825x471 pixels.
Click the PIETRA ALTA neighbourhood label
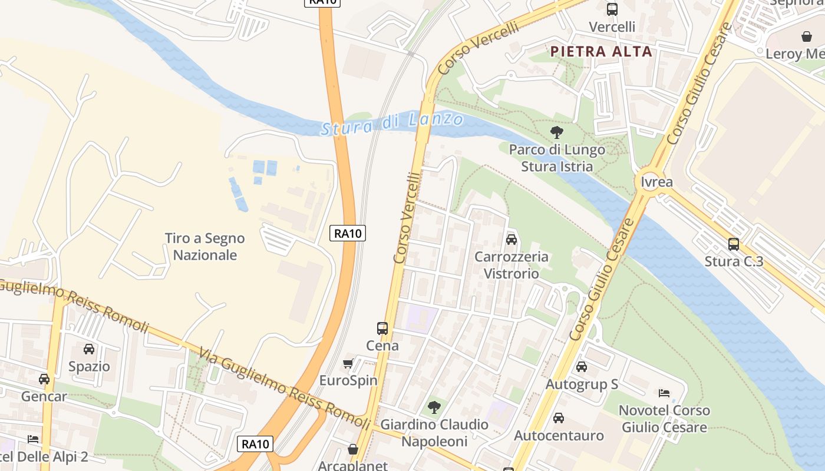[601, 52]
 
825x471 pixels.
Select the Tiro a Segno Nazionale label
[204, 247]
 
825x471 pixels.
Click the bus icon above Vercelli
[612, 9]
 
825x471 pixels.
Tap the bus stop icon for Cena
[382, 329]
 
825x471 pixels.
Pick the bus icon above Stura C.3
[734, 244]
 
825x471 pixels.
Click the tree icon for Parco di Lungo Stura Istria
[556, 132]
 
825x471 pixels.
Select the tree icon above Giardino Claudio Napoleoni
[434, 407]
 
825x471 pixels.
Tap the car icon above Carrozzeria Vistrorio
[511, 240]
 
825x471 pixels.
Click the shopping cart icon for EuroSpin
[348, 363]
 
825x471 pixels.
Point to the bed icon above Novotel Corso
[664, 393]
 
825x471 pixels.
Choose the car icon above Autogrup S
[582, 367]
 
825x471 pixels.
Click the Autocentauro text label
[559, 436]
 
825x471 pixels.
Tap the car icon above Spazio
[89, 349]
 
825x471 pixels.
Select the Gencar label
[44, 396]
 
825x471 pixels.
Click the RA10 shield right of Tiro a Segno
[348, 233]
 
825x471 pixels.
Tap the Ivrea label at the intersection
[656, 182]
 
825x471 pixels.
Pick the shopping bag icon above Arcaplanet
[353, 449]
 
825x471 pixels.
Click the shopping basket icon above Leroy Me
[807, 37]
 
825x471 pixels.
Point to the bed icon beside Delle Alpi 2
[33, 439]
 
